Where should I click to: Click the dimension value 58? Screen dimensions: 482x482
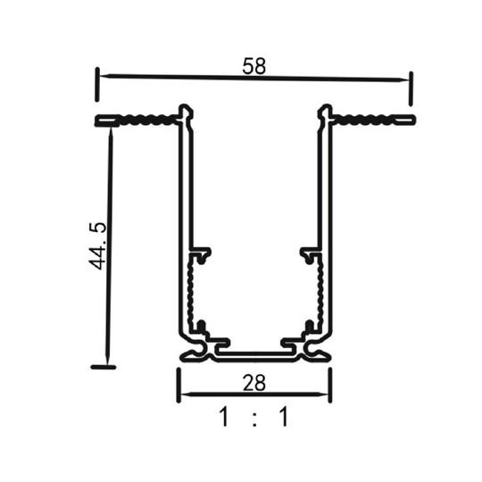pos(253,65)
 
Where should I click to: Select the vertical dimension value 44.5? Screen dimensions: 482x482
pos(99,246)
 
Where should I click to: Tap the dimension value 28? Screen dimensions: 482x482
pos(253,384)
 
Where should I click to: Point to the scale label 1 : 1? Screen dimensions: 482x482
pos(253,417)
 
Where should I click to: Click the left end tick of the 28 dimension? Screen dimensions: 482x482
pos(178,384)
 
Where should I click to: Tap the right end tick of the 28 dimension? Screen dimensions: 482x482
pos(330,384)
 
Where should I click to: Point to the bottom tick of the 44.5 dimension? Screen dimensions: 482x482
pos(104,366)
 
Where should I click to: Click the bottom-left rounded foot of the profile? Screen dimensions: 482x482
pos(189,355)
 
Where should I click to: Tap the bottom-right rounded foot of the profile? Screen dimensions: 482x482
pos(320,355)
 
